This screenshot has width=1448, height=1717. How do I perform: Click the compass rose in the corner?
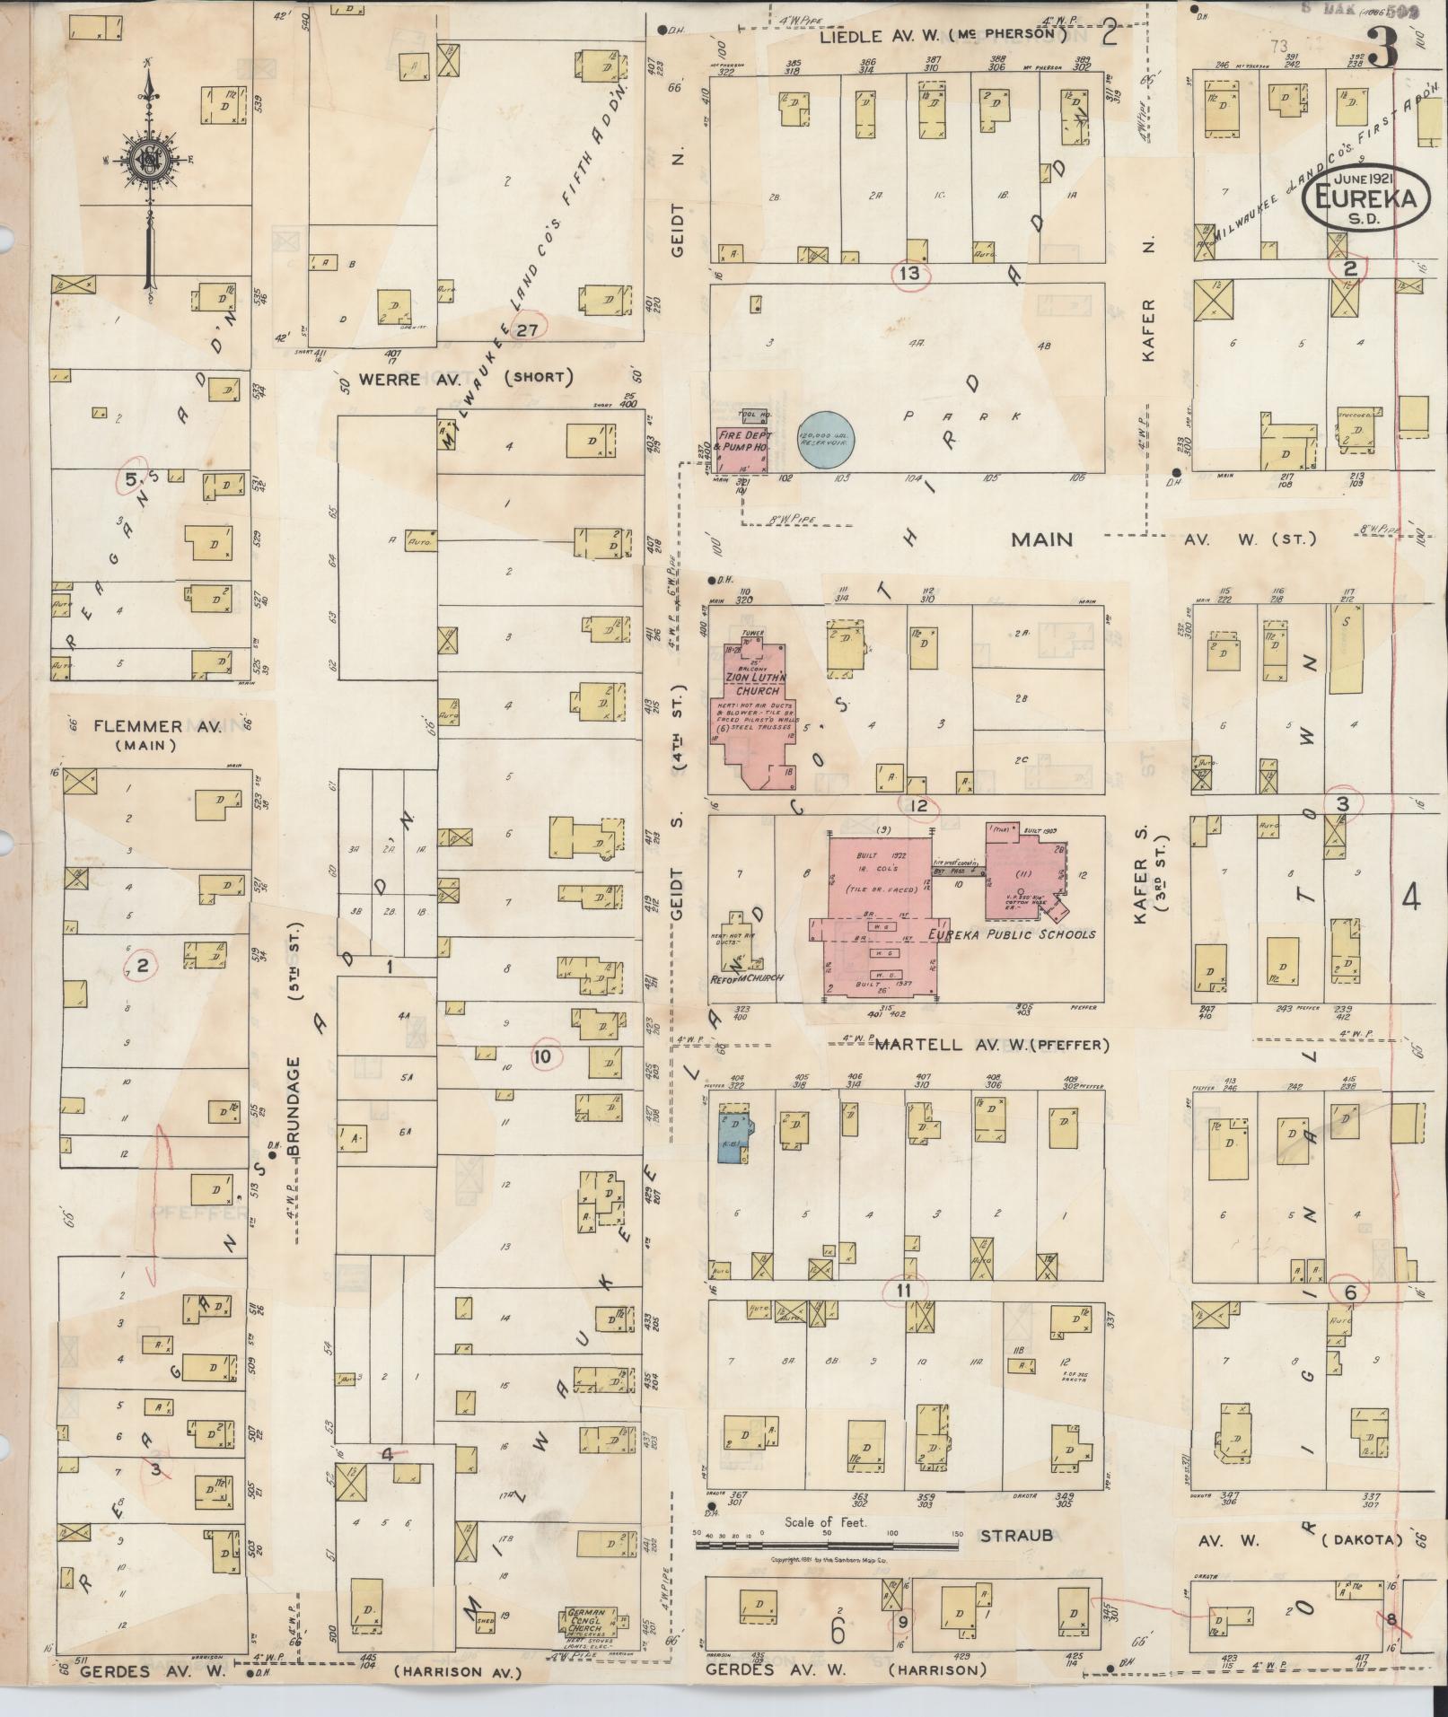(146, 162)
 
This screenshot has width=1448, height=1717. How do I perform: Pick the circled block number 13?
(909, 273)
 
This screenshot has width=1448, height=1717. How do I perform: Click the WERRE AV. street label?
(390, 379)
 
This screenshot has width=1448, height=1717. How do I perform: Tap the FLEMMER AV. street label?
(136, 725)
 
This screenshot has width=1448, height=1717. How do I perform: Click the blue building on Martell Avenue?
(733, 1134)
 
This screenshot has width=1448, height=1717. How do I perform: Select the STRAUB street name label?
(1015, 1536)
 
